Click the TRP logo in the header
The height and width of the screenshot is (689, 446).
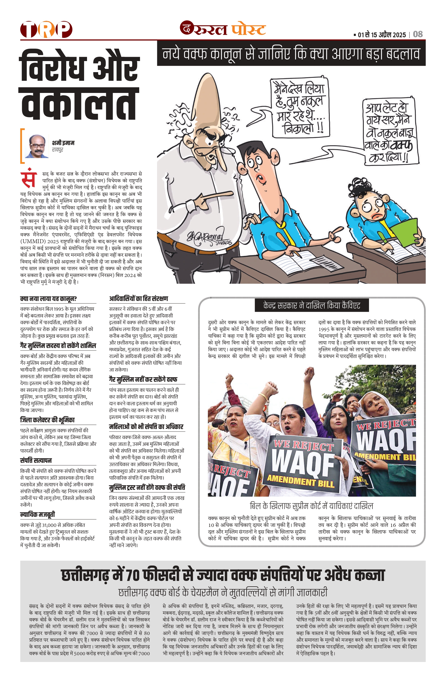(x=46, y=29)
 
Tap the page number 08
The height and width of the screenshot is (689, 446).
(x=418, y=34)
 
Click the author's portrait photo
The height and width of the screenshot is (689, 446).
(x=37, y=146)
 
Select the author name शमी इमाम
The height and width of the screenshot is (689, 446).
(x=63, y=143)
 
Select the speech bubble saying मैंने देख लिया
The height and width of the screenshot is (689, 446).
(x=300, y=107)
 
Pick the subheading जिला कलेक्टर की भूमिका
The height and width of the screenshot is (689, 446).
(x=47, y=420)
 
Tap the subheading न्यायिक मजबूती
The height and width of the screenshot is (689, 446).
(x=37, y=514)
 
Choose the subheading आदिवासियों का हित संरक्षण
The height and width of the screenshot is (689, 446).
(x=138, y=299)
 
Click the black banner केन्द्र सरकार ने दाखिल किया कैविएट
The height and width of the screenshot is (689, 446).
(x=312, y=306)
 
